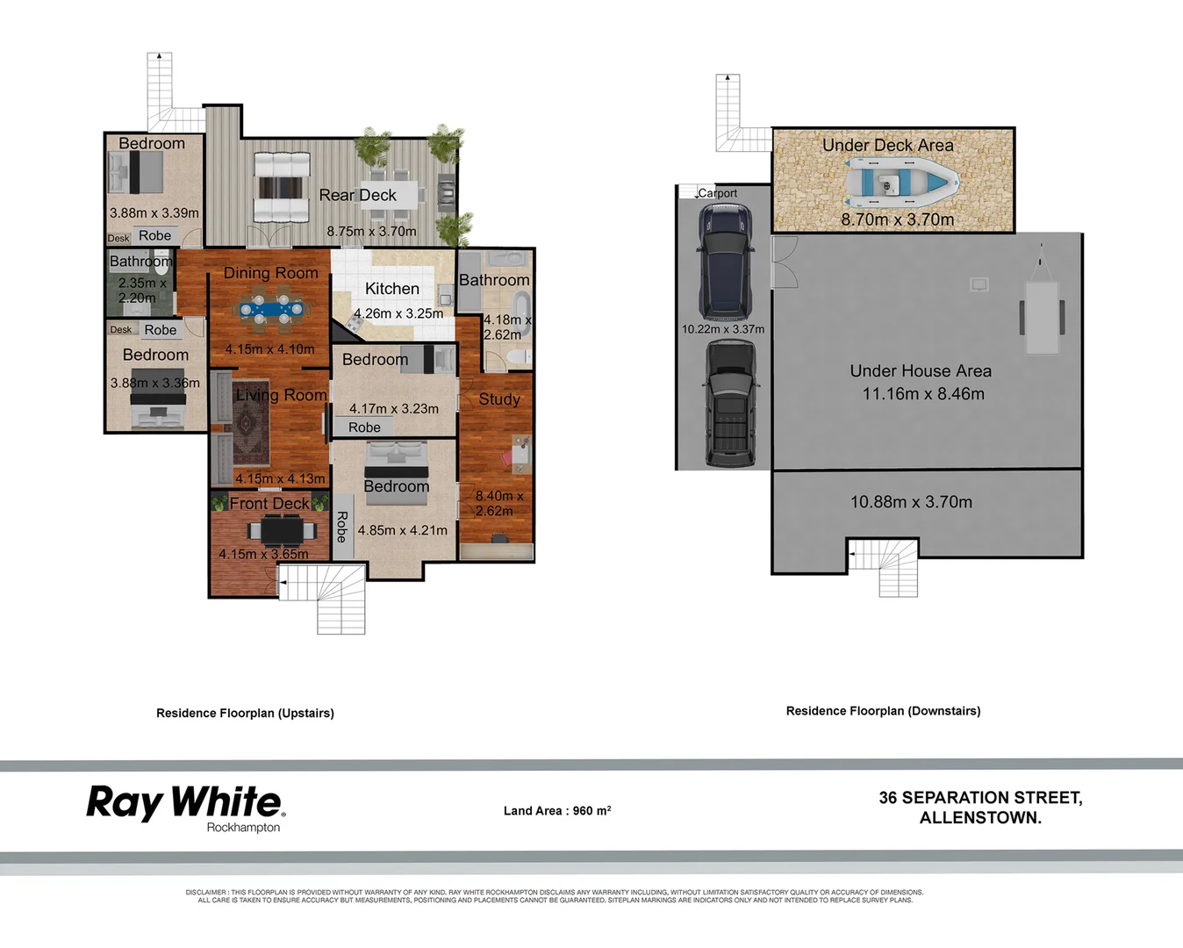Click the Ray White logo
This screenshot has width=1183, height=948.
click(185, 802)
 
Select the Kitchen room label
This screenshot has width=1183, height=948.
click(391, 289)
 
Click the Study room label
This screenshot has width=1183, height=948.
click(499, 399)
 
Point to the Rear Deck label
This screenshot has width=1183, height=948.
click(357, 195)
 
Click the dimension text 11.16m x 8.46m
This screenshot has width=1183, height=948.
click(923, 394)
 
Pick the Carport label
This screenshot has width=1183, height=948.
click(717, 193)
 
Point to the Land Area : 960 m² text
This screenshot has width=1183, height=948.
click(557, 811)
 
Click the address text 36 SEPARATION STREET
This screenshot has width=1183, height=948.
click(980, 798)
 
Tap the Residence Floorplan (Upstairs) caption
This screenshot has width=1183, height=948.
click(245, 714)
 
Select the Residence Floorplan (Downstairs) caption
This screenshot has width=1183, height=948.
click(883, 711)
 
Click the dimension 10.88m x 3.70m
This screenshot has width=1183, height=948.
click(911, 502)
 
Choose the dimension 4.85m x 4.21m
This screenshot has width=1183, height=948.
click(402, 530)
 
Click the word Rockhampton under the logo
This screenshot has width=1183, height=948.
click(243, 828)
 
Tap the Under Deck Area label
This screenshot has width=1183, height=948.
click(887, 146)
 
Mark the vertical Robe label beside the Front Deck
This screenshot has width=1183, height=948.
click(342, 527)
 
